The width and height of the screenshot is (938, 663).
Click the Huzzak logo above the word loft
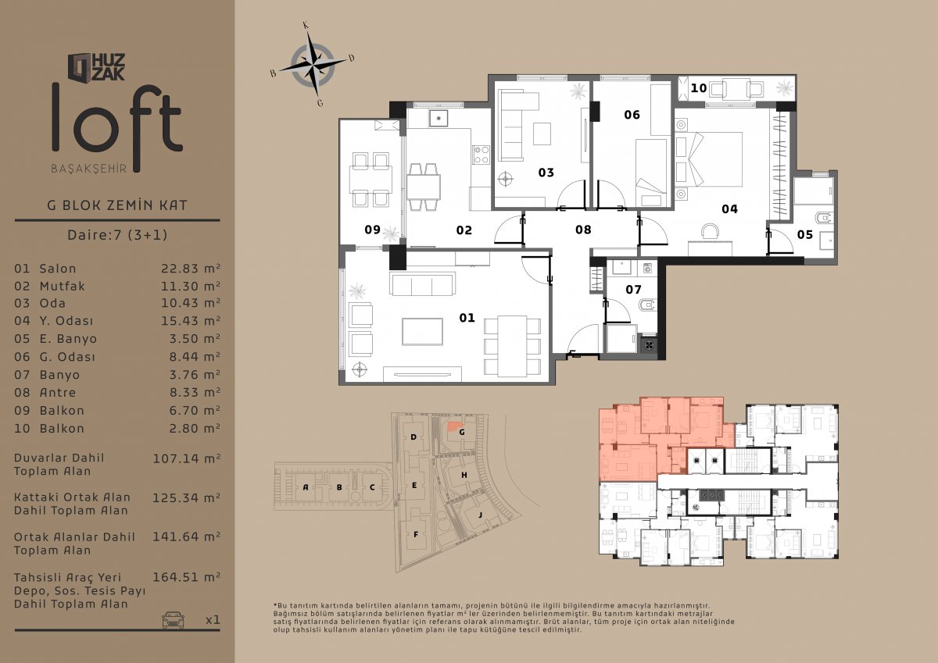(96, 67)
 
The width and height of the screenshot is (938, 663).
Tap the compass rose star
(313, 64)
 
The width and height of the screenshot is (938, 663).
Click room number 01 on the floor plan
(467, 318)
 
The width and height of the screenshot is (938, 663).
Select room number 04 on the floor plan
(729, 209)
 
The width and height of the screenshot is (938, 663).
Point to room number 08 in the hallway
(583, 230)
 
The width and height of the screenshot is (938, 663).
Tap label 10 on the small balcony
(699, 87)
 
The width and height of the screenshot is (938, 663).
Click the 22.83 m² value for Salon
(191, 268)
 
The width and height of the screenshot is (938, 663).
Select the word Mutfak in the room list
(62, 286)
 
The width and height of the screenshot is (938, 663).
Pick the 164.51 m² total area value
(186, 577)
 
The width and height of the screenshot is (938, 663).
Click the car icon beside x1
(173, 619)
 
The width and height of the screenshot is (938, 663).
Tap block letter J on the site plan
(480, 515)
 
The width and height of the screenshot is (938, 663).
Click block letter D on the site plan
(414, 437)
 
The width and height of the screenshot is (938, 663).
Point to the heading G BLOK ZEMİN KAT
(117, 205)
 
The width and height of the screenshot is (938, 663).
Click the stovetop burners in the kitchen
(482, 155)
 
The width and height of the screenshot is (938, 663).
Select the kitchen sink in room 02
(438, 118)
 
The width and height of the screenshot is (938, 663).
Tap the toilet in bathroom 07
(646, 305)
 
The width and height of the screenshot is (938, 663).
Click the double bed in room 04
(708, 159)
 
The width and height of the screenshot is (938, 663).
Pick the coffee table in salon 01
(422, 331)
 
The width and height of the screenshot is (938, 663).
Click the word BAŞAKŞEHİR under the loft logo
(89, 169)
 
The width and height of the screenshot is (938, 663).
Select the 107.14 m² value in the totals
(186, 458)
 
